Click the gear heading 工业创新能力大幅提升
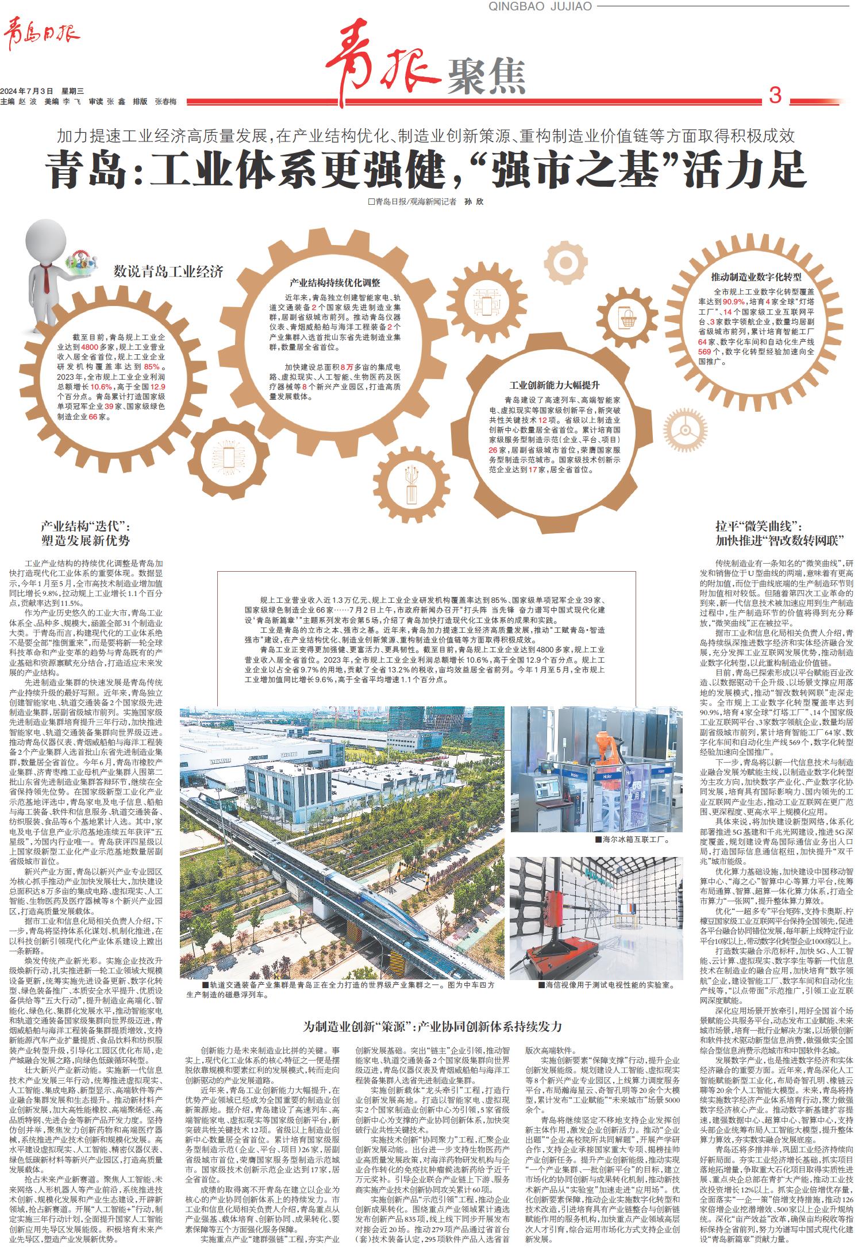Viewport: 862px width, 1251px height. (x=555, y=385)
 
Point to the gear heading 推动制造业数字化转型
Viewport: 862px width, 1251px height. (x=756, y=276)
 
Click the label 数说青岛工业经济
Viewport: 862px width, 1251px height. (x=168, y=271)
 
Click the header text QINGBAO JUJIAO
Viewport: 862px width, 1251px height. (x=540, y=6)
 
